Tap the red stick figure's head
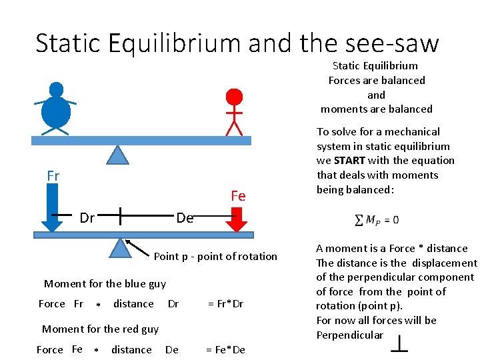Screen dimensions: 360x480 tap(234, 97)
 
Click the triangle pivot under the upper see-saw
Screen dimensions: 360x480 tap(118, 155)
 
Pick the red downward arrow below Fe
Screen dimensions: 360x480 tap(237, 219)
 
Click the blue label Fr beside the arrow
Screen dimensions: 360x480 tap(53, 176)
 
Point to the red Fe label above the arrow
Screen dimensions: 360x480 tap(238, 196)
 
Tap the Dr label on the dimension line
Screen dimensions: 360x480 tap(87, 217)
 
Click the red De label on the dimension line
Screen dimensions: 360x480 tap(185, 218)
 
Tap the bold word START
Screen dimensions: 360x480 tap(349, 161)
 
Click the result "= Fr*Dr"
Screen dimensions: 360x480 tap(225, 304)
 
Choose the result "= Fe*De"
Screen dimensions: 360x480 tap(225, 349)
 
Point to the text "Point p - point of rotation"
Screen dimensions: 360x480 tap(215, 257)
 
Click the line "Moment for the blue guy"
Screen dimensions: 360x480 tap(105, 284)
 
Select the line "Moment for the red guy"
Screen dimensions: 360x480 tap(100, 329)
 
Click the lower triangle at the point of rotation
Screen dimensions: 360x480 tap(120, 248)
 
